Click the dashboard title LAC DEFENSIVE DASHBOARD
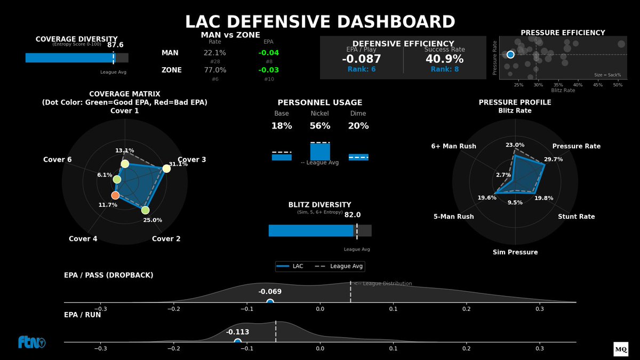coord(320,22)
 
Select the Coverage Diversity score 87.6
coord(115,45)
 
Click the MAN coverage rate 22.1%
coord(214,53)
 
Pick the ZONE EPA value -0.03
coord(268,70)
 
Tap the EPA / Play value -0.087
coord(361,59)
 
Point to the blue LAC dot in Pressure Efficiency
coord(510,54)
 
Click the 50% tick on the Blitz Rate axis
coord(617,85)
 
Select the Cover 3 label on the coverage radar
coord(191,159)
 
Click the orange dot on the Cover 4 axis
coord(115,195)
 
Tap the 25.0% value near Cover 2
coord(153,220)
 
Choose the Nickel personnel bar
coord(320,151)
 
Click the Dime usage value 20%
coord(358,126)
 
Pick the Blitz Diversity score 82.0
coord(353,215)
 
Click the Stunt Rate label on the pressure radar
coord(576,217)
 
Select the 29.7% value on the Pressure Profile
coord(553,159)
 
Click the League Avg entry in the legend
coord(339,266)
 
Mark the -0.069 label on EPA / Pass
coord(270,292)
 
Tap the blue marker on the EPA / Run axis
coord(238,342)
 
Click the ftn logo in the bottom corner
coord(31,342)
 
